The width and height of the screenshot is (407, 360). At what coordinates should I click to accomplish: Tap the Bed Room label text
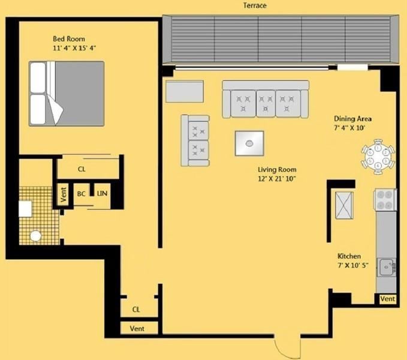pos(69,40)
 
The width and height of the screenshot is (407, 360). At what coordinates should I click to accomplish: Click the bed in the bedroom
pos(67,93)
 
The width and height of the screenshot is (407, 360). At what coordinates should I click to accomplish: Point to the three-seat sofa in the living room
pos(266,99)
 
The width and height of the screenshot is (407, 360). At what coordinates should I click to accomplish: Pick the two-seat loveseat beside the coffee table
pos(195,140)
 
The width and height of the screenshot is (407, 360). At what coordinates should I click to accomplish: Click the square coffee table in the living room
pos(249,143)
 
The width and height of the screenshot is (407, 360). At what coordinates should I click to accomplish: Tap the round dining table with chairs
pos(378,157)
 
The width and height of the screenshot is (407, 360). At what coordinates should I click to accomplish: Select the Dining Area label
pos(352,119)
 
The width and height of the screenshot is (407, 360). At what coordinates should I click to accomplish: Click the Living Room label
pos(276,169)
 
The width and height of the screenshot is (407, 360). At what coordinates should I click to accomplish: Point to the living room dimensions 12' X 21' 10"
pos(276,178)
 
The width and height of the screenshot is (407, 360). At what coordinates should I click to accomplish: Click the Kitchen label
pos(349,256)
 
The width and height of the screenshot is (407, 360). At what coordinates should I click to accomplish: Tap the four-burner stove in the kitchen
pos(385,199)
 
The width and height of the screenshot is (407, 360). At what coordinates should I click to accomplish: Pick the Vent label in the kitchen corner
pos(387,299)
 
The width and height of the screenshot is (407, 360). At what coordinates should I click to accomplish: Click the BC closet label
pos(81,194)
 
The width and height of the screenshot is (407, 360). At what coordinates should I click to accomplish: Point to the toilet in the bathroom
pos(35,236)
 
